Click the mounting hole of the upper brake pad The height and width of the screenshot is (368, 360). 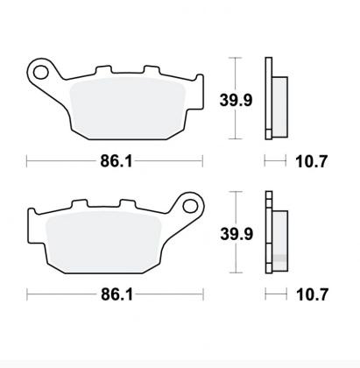click(x=39, y=69)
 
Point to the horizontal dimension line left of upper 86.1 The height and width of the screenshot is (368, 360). click(x=61, y=161)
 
